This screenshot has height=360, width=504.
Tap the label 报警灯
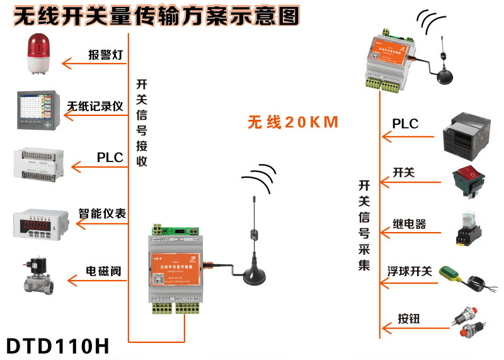[x=105, y=54]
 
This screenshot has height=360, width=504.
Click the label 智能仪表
[x=102, y=214]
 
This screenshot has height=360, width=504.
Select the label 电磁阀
[x=103, y=272]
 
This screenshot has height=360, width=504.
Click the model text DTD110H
[x=57, y=346]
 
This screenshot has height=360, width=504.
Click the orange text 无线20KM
[x=293, y=121]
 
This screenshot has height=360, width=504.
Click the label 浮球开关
[x=409, y=271]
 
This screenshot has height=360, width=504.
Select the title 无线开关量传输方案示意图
[x=156, y=16]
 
